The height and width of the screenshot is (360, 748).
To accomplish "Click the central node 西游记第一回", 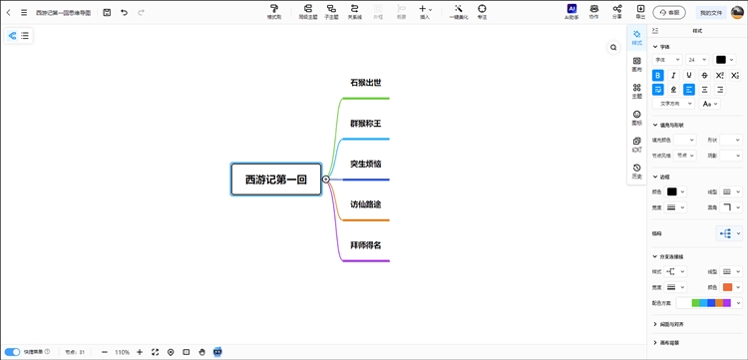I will coord(276,180).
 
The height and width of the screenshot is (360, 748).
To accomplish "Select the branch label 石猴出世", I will coord(365,83).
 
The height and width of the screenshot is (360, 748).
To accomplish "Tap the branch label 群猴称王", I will coord(365,124).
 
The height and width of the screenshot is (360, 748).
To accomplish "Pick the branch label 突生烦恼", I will coord(365,164).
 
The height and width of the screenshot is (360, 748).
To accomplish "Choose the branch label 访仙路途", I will coord(365,204).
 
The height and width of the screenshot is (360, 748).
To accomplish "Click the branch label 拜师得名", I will coord(365,245).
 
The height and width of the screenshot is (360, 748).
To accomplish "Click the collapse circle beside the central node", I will coord(326,180).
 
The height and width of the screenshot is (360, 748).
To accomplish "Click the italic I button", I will coord(673,75).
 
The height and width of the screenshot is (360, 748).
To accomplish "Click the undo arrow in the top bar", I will coord(124,13).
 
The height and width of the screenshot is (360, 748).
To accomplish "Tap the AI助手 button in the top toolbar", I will coord(571,12).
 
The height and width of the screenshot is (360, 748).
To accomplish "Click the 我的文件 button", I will coord(710,13).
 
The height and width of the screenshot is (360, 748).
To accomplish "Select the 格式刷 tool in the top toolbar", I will coord(274,12).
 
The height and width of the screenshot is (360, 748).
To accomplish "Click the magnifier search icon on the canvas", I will coord(613,47).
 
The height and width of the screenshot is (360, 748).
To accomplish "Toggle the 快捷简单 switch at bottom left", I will coord(13,352).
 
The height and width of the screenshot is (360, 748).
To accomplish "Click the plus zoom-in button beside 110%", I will coord(140,352).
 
